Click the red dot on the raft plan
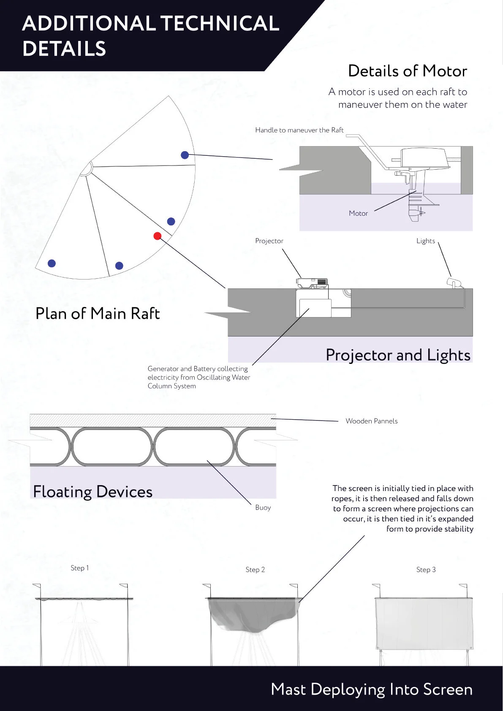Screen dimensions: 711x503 tap(158, 236)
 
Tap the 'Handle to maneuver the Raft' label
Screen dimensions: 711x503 tap(299, 130)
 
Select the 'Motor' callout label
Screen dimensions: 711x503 tap(358, 213)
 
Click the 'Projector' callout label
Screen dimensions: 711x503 tap(269, 241)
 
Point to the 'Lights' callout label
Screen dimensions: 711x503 tap(425, 241)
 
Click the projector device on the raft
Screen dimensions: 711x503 tap(312, 283)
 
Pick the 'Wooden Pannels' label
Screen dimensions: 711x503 tap(371, 421)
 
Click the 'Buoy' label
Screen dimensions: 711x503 tap(263, 507)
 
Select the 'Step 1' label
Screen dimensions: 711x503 tap(80, 568)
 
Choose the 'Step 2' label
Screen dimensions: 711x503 tap(255, 570)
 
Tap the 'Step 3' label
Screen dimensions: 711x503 tap(426, 570)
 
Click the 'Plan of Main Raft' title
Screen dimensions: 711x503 tap(98, 314)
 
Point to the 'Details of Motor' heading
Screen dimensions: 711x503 tap(407, 71)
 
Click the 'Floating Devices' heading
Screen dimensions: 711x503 tap(92, 492)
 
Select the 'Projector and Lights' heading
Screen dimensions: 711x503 tap(398, 355)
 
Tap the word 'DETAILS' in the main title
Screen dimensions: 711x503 tap(64, 49)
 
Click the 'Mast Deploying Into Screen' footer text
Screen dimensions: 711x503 tap(371, 689)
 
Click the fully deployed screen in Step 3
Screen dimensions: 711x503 tap(424, 623)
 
